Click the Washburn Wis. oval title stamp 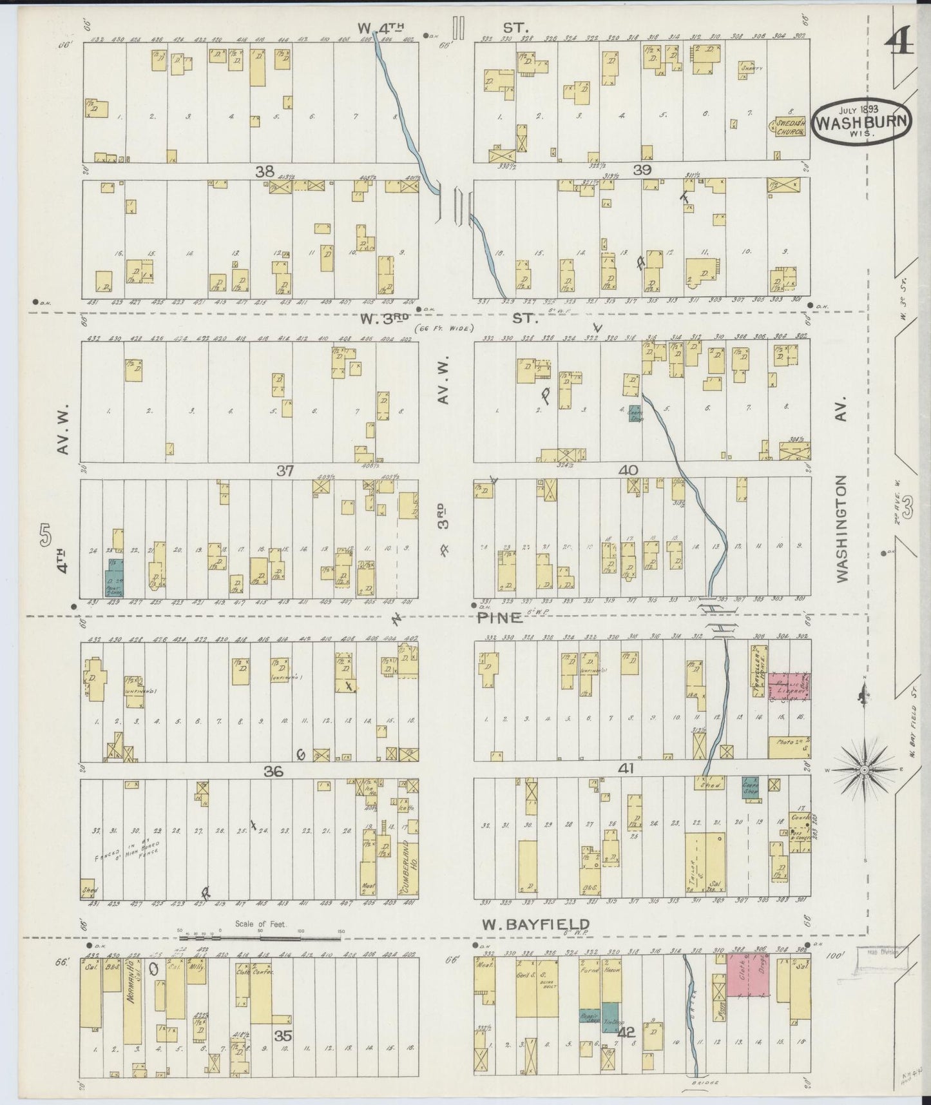click(x=862, y=120)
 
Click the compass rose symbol click(x=864, y=770)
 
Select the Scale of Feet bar click(x=261, y=932)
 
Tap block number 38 click(x=264, y=171)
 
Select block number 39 click(x=642, y=170)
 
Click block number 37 click(x=285, y=471)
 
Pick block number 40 click(x=628, y=471)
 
